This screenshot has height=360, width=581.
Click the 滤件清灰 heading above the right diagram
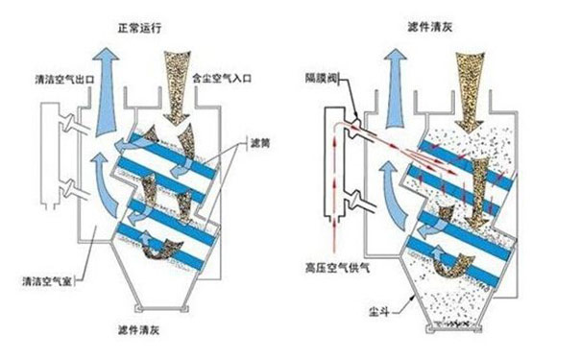point(430,18)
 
